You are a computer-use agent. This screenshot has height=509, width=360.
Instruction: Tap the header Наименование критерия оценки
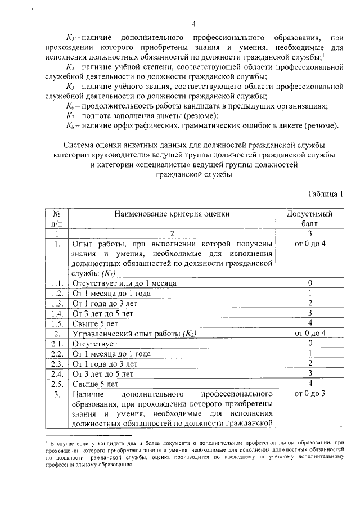[x=172, y=214]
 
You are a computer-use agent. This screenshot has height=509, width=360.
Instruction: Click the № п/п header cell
[x=57, y=218]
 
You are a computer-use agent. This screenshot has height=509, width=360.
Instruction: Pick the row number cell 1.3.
[x=56, y=303]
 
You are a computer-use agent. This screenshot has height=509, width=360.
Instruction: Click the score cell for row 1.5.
[x=310, y=323]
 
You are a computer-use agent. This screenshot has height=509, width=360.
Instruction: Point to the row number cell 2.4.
[x=56, y=373]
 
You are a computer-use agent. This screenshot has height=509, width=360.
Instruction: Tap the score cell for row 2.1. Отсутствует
[x=310, y=343]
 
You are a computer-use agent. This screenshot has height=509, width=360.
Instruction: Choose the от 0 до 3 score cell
[x=310, y=393]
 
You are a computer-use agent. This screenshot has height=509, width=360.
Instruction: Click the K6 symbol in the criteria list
[x=70, y=106]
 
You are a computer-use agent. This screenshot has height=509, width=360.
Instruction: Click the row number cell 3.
[x=56, y=394]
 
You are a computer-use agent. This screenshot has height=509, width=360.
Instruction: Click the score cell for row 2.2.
[x=310, y=353]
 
